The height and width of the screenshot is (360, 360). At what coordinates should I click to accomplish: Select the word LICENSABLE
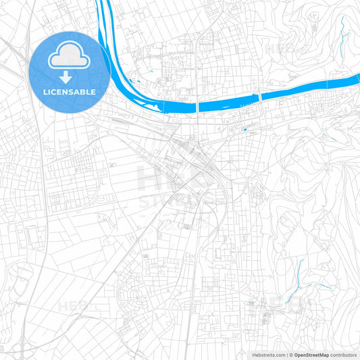tap(70, 92)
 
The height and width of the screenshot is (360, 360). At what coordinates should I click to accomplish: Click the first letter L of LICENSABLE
tap(45, 92)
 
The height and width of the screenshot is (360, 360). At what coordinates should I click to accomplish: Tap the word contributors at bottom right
tap(344, 355)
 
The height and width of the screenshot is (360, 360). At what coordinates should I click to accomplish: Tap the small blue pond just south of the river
tap(245, 130)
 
